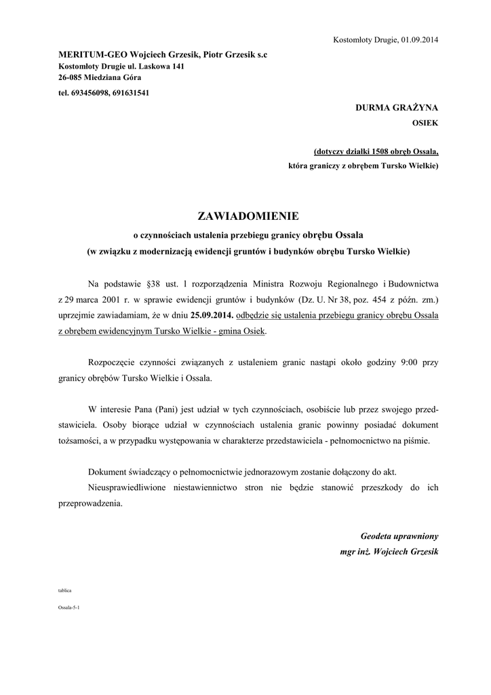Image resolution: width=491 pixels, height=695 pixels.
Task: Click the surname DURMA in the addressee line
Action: point(374,108)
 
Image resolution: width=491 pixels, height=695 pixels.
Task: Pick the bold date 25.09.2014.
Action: point(212,315)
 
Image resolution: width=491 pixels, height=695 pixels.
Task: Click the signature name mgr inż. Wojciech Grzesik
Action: point(389,551)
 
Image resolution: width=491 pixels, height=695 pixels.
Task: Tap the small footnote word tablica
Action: point(64,590)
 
